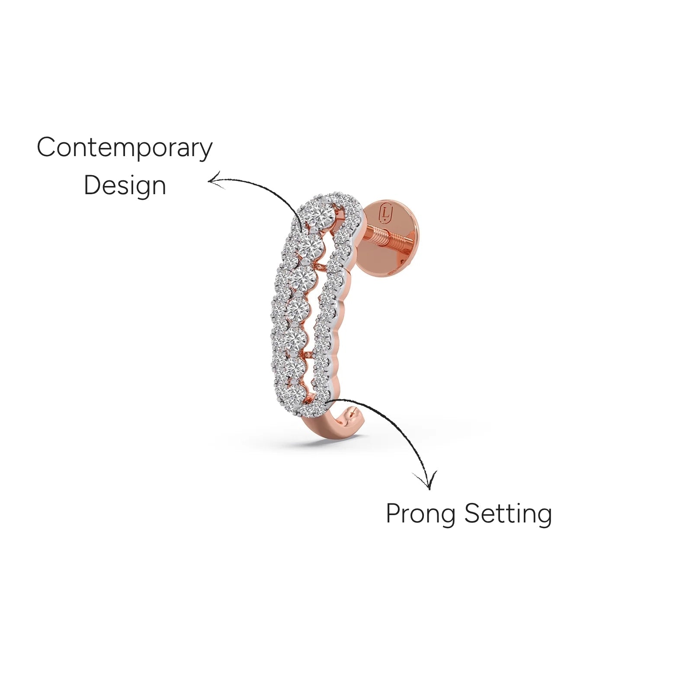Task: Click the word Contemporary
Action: click(125, 148)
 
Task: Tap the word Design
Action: click(125, 186)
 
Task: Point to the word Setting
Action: click(508, 514)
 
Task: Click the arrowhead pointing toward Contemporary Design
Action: click(216, 181)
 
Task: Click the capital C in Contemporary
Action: click(46, 147)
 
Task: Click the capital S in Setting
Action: click(472, 513)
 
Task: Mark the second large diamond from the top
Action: click(311, 245)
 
